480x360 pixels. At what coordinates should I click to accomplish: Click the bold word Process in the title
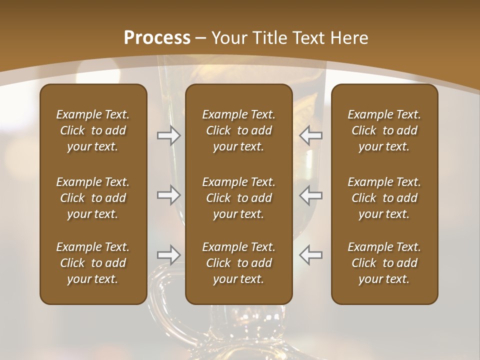(157, 38)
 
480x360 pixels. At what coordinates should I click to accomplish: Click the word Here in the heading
(348, 38)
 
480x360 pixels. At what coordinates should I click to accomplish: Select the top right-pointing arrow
(168, 135)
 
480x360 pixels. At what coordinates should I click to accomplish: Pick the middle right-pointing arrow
(168, 195)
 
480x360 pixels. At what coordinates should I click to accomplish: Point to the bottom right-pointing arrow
(168, 255)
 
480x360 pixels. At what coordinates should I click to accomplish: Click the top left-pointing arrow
(311, 135)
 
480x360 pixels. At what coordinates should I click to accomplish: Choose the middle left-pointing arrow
(311, 195)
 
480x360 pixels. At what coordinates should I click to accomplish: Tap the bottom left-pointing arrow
(311, 255)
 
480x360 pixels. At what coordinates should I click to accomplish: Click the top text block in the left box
(93, 130)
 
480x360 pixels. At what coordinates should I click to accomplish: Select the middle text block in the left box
(93, 198)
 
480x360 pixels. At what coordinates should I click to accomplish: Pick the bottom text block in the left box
(93, 263)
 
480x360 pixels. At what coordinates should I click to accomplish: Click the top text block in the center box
(238, 130)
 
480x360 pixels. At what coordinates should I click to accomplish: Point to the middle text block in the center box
(238, 198)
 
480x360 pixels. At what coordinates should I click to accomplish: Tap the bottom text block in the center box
(238, 263)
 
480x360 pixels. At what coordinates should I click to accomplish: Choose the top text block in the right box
(384, 130)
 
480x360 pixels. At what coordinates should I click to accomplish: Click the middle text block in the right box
(384, 198)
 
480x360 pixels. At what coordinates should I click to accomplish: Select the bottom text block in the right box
(384, 263)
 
